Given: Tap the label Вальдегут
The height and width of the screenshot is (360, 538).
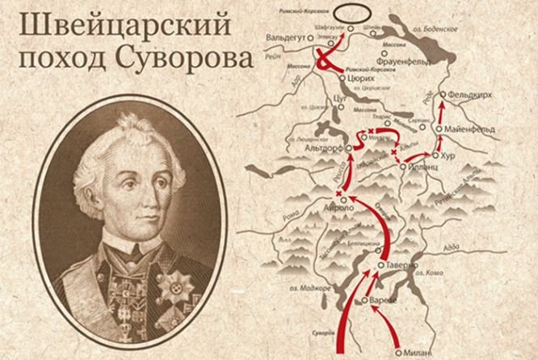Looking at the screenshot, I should pyautogui.click(x=288, y=37).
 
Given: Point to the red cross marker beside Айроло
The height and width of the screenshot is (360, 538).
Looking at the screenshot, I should pyautogui.click(x=337, y=194).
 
